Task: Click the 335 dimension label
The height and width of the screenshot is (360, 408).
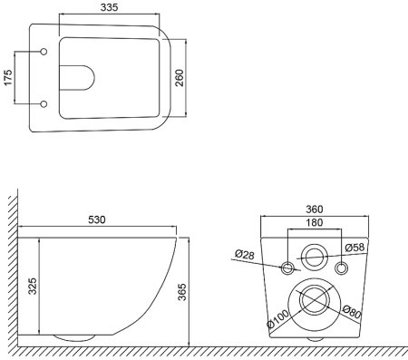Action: tap(109, 7)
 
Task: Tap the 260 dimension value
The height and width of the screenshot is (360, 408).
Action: tap(180, 78)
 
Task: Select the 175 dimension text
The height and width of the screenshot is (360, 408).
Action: tap(8, 78)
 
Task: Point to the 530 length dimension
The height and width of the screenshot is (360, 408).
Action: tap(97, 219)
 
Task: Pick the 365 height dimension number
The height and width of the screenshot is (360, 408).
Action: tap(182, 292)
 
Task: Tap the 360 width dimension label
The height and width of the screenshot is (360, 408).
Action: tap(315, 209)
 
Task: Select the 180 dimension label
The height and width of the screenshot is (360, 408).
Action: tap(315, 222)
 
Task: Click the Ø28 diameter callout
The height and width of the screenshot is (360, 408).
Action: tap(245, 255)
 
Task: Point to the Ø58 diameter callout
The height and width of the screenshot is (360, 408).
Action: tap(355, 248)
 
